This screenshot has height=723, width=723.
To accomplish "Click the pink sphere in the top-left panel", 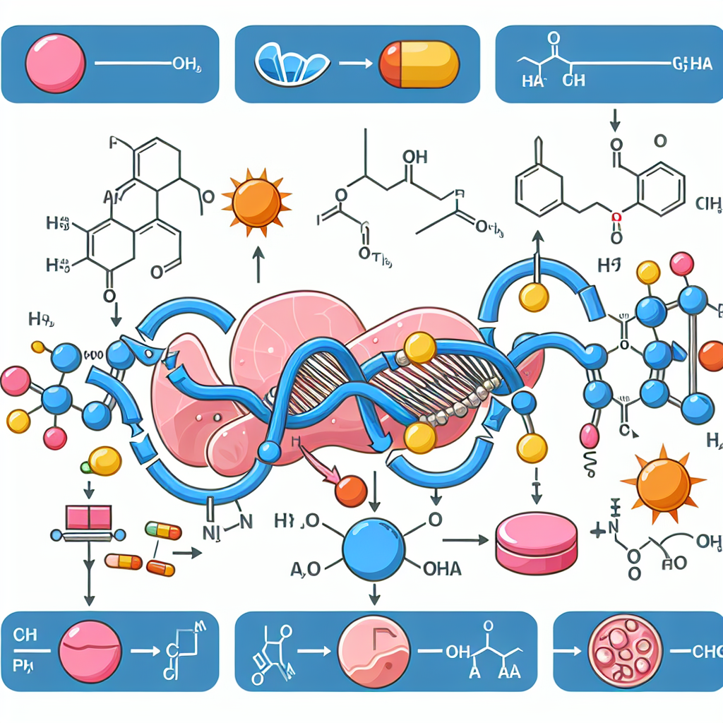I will pos(55,64).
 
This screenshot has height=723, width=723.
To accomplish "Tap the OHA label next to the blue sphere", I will pos(441,569).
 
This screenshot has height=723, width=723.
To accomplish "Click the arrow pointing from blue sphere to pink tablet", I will pos(467,540).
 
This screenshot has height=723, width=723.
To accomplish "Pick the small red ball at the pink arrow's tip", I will pos(351,491).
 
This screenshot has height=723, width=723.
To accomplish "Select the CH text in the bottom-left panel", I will pos(25,634).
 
